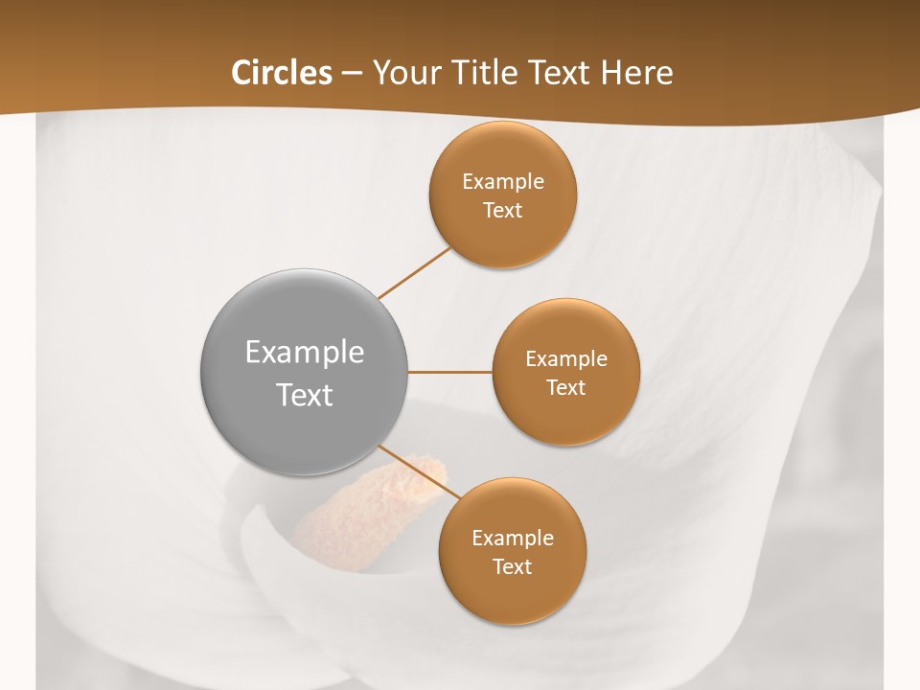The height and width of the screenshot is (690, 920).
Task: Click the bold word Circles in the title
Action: [281, 73]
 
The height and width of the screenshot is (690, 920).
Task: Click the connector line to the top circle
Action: [414, 272]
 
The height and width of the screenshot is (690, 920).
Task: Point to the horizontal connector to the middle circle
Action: [449, 372]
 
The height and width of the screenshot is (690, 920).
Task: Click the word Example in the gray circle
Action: [305, 353]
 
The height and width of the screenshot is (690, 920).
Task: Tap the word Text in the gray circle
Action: [305, 395]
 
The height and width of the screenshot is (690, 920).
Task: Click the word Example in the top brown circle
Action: [503, 181]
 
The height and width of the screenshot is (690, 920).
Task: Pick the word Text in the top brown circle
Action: [503, 210]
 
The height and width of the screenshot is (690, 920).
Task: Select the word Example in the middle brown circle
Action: [566, 358]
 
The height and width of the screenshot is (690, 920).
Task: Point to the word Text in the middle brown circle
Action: [566, 387]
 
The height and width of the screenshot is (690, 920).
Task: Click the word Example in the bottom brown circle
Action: [513, 538]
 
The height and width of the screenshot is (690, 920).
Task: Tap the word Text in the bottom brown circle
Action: [513, 566]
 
